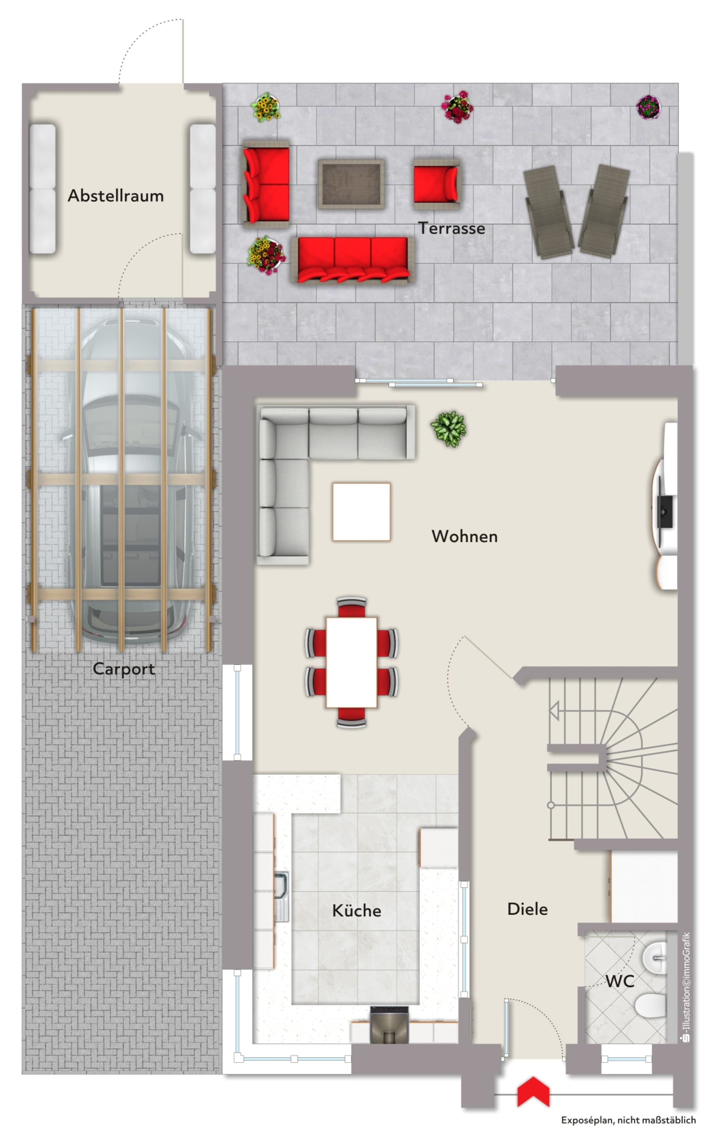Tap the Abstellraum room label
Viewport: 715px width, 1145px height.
(x=116, y=195)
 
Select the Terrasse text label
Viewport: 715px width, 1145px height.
(x=451, y=228)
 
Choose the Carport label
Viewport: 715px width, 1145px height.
(x=124, y=669)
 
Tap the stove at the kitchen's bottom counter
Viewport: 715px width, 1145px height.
(x=389, y=1025)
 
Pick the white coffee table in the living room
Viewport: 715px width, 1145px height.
(x=361, y=511)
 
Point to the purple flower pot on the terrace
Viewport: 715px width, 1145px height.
(x=648, y=107)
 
